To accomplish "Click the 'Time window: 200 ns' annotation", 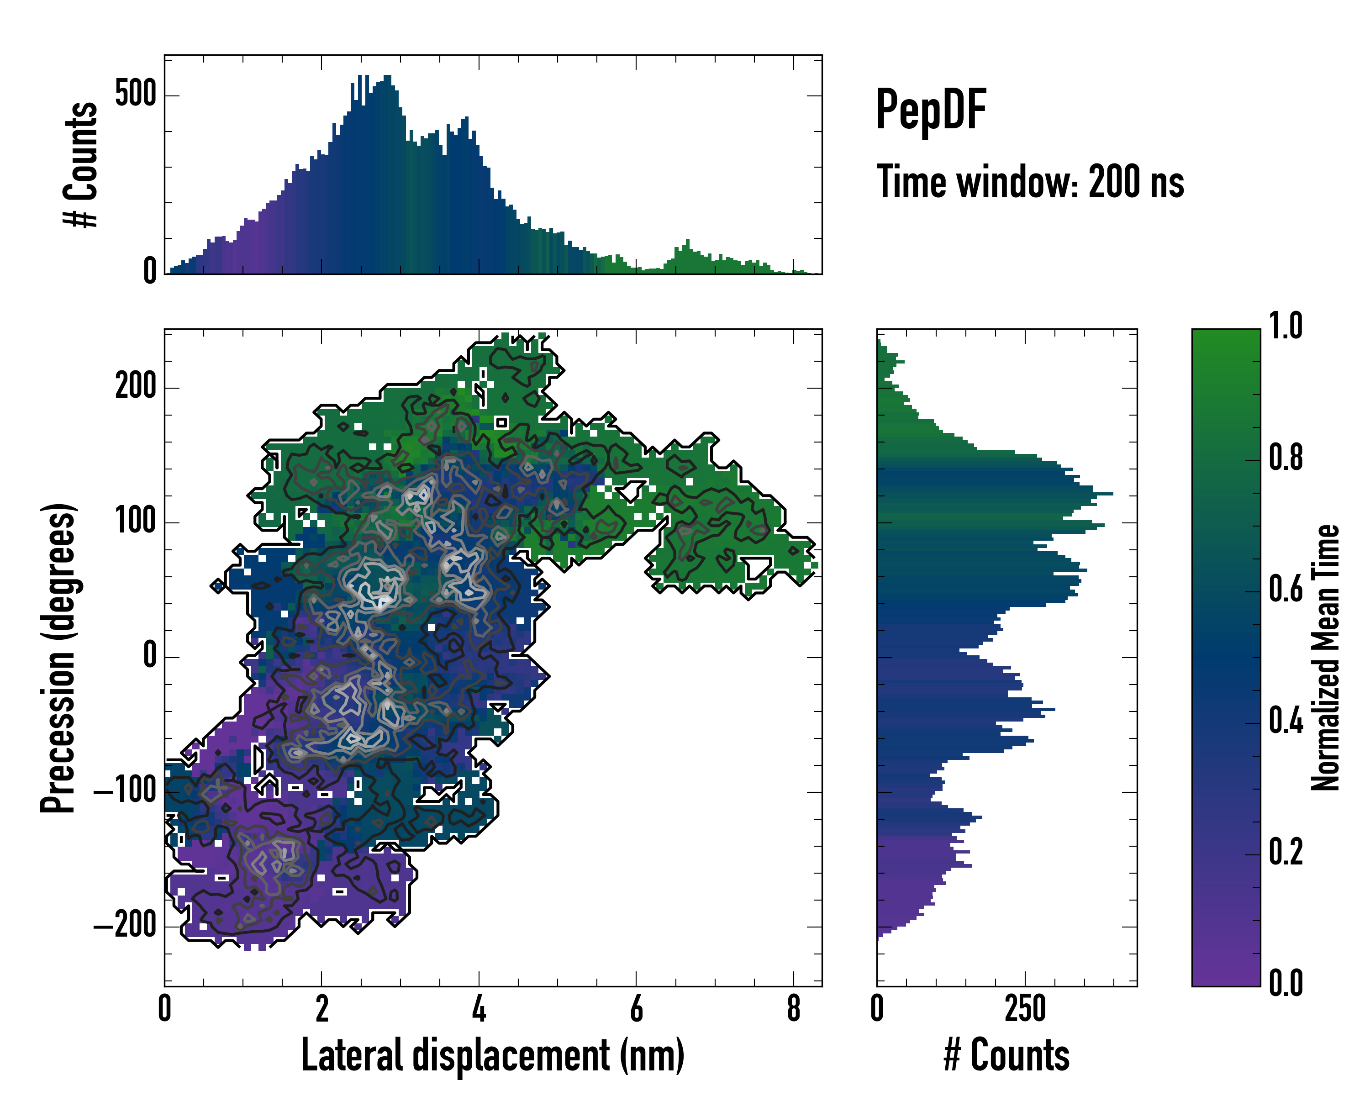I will click(x=1030, y=182).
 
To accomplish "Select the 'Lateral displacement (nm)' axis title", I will click(x=492, y=1055).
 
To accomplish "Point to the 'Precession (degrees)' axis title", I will click(x=58, y=658).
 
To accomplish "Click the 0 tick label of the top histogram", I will click(x=150, y=271).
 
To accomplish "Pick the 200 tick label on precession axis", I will click(x=135, y=386).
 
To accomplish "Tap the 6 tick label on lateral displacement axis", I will click(x=636, y=1009).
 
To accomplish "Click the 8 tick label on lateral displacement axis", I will click(x=794, y=1009).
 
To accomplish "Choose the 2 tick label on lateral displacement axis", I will click(x=321, y=1009).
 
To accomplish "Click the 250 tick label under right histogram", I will click(x=1025, y=1009).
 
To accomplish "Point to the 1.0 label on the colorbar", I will click(x=1286, y=326).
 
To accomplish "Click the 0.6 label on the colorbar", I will click(x=1286, y=589).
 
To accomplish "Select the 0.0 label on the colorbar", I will click(x=1286, y=983).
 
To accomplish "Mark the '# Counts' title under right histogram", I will click(x=1006, y=1055).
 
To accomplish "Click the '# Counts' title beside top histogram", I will click(x=81, y=164).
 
